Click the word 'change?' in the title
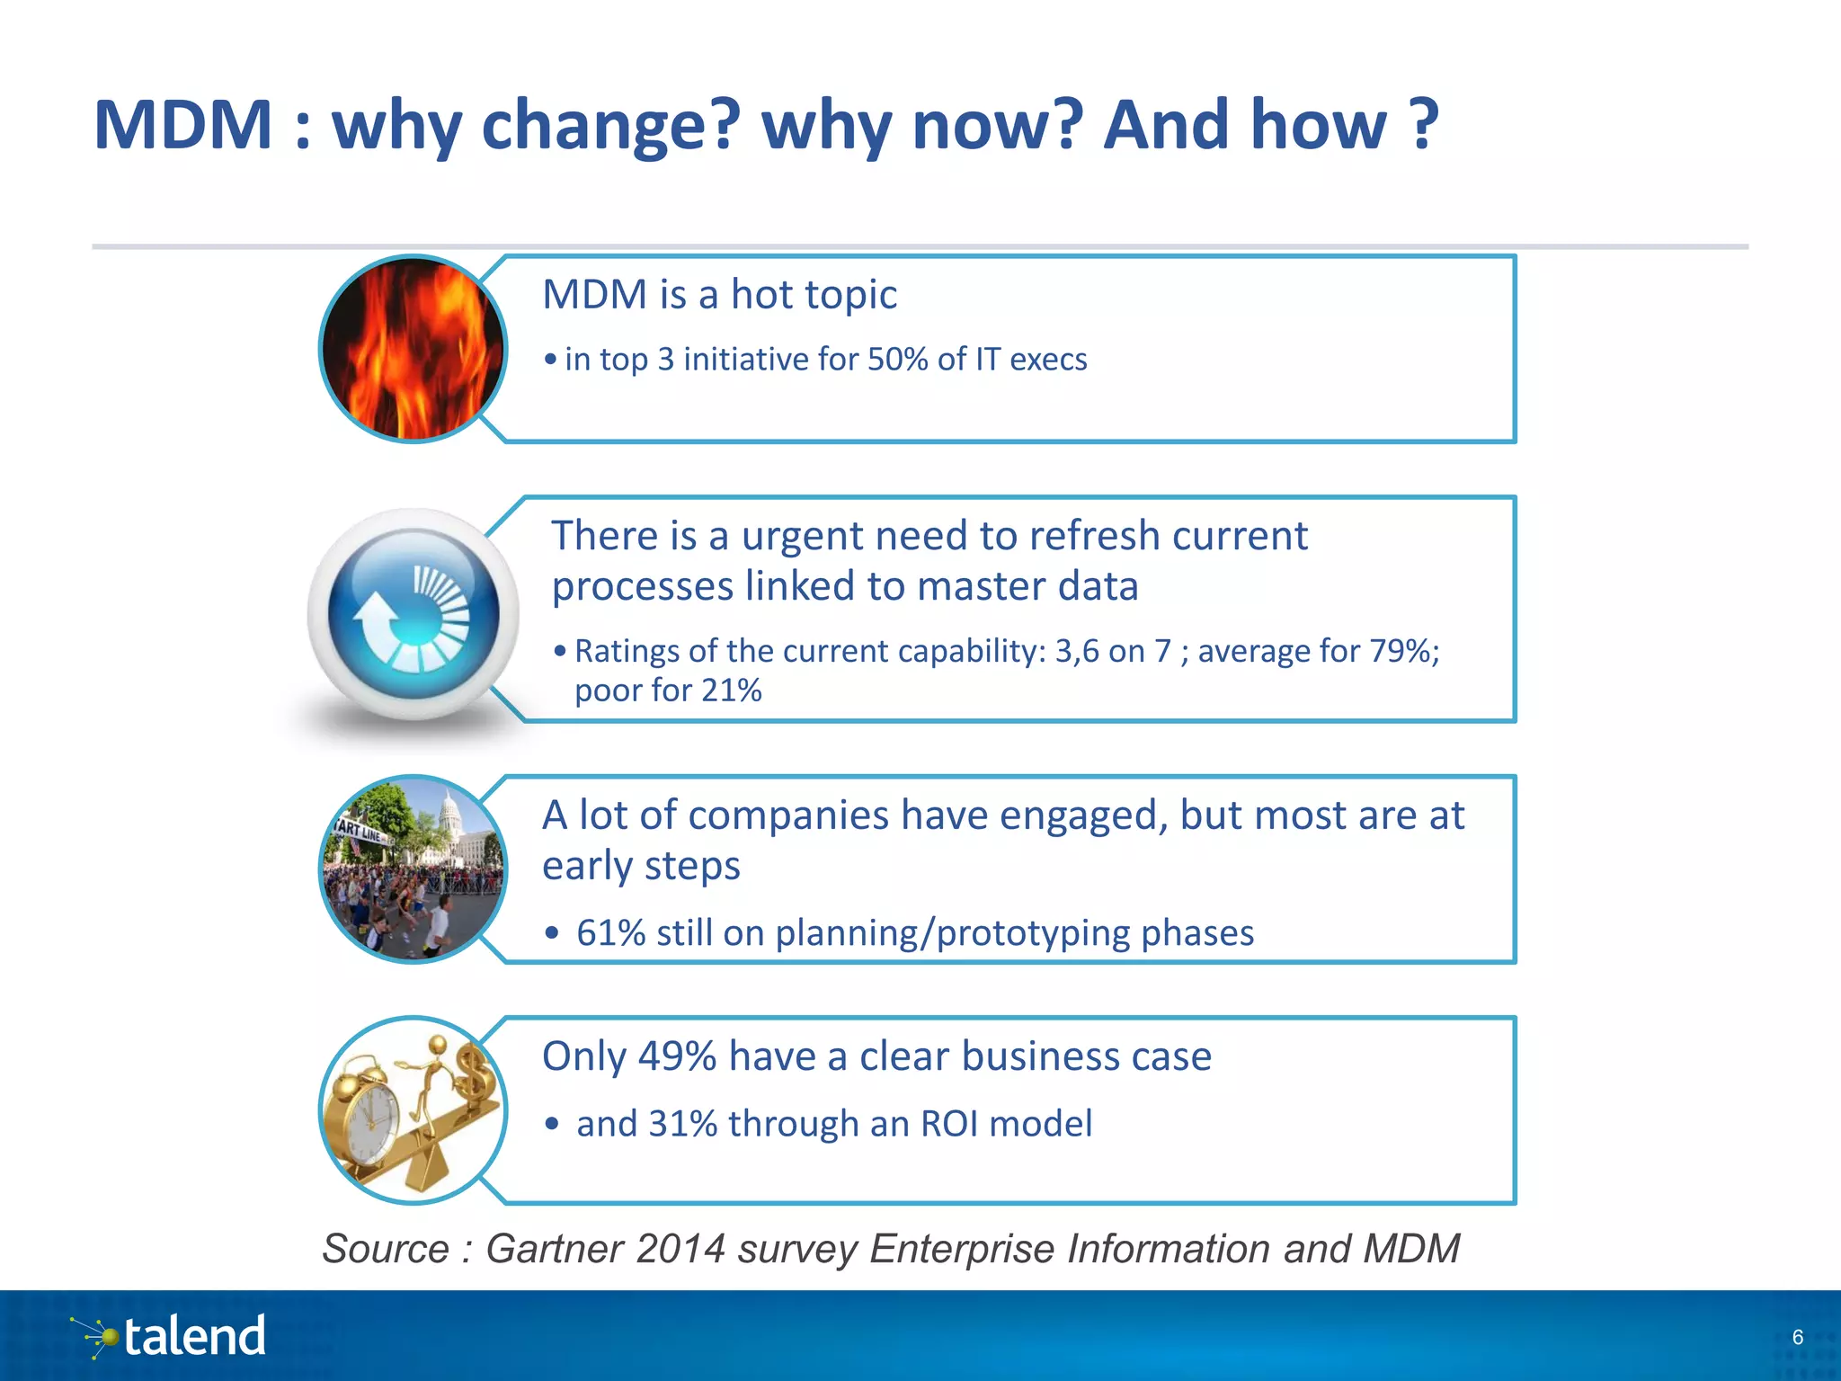610,126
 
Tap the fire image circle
413,349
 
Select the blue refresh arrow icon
414,613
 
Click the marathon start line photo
413,869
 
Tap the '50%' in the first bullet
897,360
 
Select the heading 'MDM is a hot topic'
719,295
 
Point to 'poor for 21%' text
668,690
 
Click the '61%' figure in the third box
610,933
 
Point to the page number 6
1797,1337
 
